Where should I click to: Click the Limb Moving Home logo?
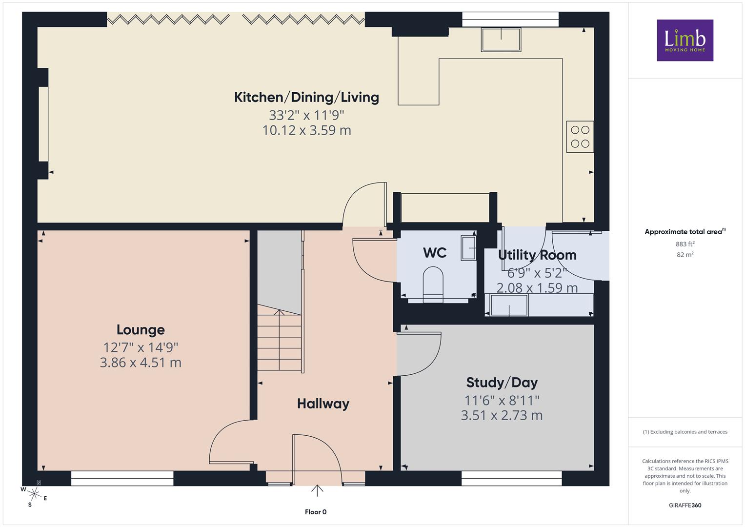pos(685,40)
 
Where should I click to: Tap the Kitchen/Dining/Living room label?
pos(306,98)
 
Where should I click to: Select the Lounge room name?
pos(141,330)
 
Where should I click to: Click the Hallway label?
pos(323,404)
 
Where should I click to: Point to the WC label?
pos(435,253)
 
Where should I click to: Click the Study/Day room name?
pos(502,383)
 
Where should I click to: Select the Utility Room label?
pos(537,255)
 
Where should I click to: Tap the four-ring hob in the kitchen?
pos(580,137)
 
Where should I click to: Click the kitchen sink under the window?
pos(501,40)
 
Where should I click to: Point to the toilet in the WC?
pos(433,284)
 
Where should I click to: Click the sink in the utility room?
pos(509,305)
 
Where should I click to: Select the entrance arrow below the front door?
pos(317,491)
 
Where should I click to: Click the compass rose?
pos(34,494)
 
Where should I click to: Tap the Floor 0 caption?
pos(316,512)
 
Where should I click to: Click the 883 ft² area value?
pos(685,244)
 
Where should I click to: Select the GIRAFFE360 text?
pos(685,506)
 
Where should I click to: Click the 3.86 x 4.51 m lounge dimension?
pos(141,363)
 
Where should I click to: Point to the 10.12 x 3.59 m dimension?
pos(307,130)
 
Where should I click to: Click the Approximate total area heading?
pos(685,232)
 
